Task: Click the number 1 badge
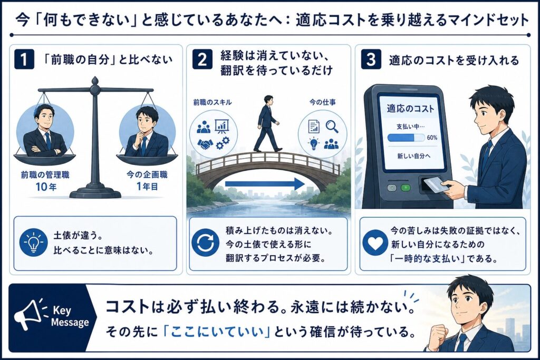pos(24,59)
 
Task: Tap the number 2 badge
pos(202,59)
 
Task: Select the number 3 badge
pos(371,59)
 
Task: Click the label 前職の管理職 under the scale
pos(45,175)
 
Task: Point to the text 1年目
pos(147,187)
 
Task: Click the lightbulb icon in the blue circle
pos(33,242)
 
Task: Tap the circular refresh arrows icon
pos(205,242)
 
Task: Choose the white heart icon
pos(375,242)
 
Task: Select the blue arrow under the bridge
pos(265,184)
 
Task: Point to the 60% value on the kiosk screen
pos(432,138)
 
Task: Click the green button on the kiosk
pos(406,188)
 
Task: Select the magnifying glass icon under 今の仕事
pos(332,127)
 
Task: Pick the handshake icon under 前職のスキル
pos(205,144)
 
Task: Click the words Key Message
pos(70,316)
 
